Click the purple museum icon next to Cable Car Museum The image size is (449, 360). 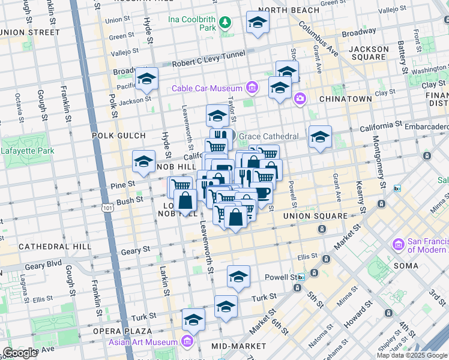click(x=251, y=89)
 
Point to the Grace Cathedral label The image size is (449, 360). click(x=268, y=137)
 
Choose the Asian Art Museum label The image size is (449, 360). click(x=143, y=343)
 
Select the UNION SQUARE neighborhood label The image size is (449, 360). click(x=315, y=216)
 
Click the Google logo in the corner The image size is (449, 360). click(x=20, y=352)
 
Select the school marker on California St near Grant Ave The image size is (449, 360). click(x=320, y=137)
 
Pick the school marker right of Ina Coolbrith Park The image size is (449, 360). click(x=258, y=22)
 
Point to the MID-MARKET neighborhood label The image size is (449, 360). click(x=239, y=346)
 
